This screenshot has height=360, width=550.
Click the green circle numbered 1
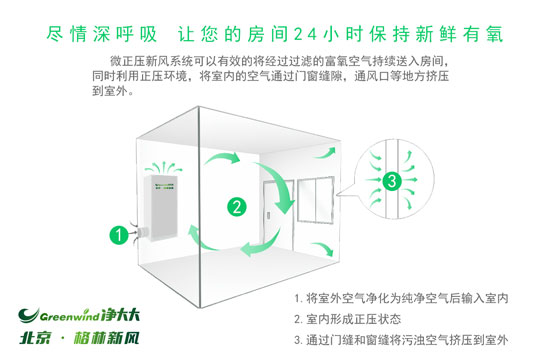(x=117, y=236)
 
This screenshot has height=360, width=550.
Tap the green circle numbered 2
(x=237, y=207)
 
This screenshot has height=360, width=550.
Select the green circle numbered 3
(x=392, y=181)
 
